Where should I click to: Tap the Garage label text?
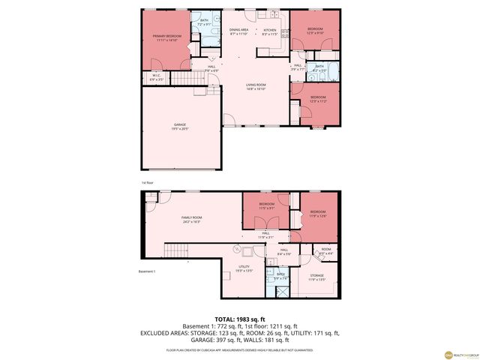180,126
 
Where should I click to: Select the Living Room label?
256,86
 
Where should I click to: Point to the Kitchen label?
269,32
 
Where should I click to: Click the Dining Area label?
238,32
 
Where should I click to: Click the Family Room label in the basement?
191,219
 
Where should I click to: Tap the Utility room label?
244,268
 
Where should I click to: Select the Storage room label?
318,277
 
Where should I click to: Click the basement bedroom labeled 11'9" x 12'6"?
318,214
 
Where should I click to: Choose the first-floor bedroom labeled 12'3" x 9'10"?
314,31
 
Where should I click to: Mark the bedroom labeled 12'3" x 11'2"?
318,98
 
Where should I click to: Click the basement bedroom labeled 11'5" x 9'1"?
267,205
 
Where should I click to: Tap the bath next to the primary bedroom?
202,22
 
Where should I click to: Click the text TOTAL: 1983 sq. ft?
239,319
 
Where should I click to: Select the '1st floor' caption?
148,182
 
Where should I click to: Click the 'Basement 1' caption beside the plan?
146,271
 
